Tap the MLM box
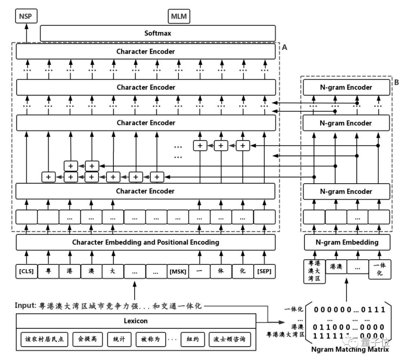(x=179, y=16)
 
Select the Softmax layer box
(x=157, y=33)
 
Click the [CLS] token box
(x=26, y=271)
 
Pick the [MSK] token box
(x=178, y=271)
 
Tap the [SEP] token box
(x=264, y=271)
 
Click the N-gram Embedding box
(x=347, y=242)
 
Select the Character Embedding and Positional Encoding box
(x=146, y=242)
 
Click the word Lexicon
(x=135, y=320)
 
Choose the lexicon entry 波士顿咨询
(x=230, y=339)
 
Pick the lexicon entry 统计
(x=119, y=339)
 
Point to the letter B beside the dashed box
(x=397, y=82)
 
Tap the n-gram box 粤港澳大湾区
(x=315, y=272)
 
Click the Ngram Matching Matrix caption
(x=350, y=350)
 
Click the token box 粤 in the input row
(x=48, y=271)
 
